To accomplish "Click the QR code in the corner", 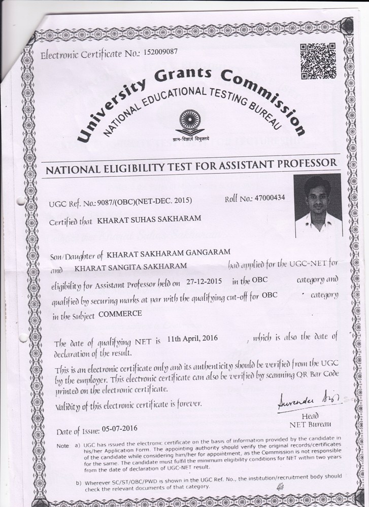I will click(x=318, y=61).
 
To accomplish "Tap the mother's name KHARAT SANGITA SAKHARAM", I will click(x=130, y=266).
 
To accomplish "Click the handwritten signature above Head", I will click(x=300, y=404).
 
